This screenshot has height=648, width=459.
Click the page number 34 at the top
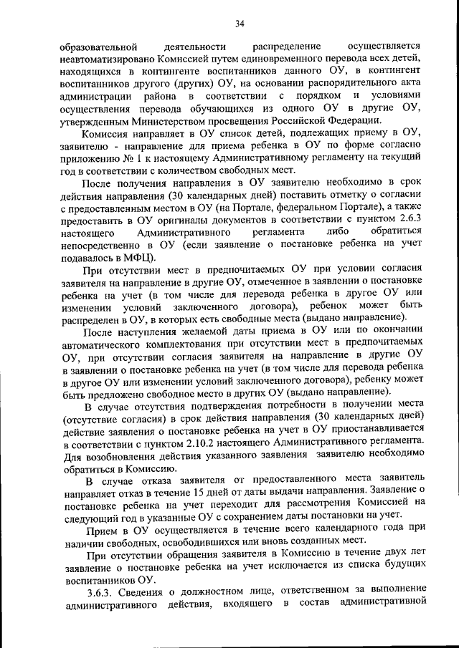coord(240,25)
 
